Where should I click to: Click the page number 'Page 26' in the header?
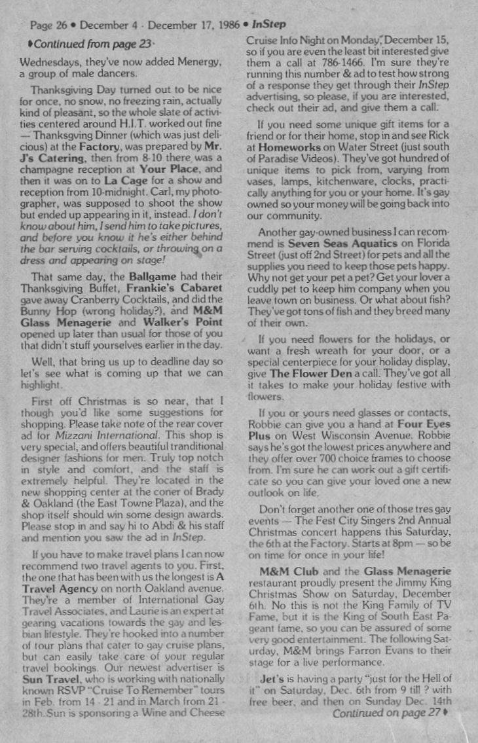[x=47, y=24]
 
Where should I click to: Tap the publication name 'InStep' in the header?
[x=268, y=24]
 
